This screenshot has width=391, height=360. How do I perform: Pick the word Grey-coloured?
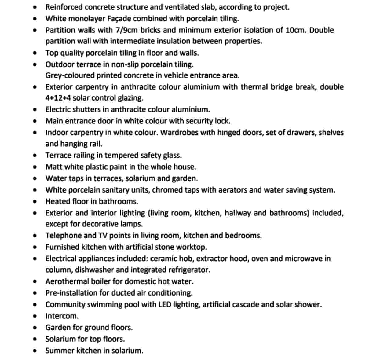(x=70, y=75)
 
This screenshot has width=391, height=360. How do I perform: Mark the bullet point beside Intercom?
(x=36, y=316)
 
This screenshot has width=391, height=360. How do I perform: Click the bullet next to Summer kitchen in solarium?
(x=36, y=351)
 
